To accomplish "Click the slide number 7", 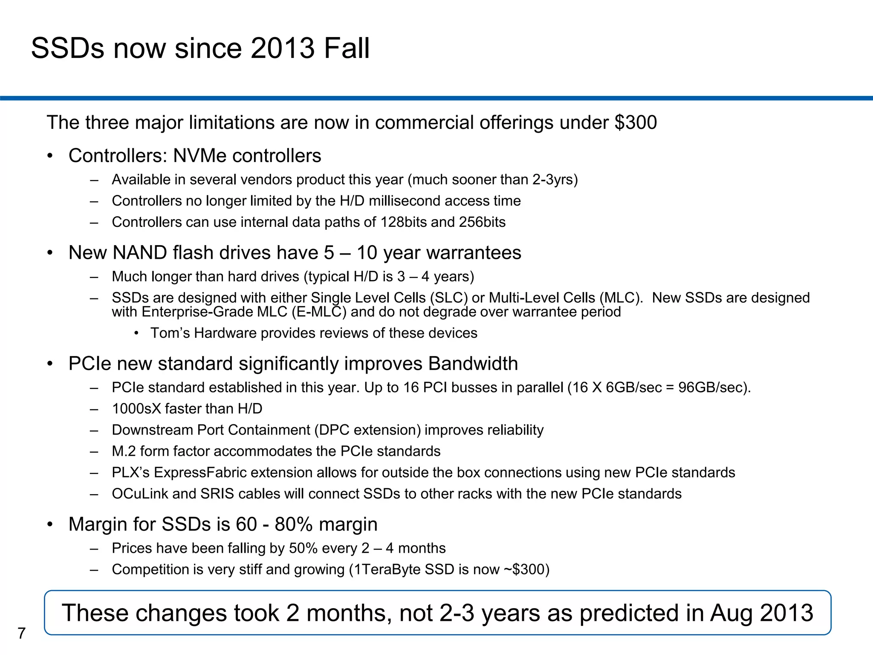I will click(22, 633).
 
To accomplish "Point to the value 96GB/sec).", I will click(714, 387).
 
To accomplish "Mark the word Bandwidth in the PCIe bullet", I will click(473, 364).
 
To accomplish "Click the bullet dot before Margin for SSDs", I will click(50, 525).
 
